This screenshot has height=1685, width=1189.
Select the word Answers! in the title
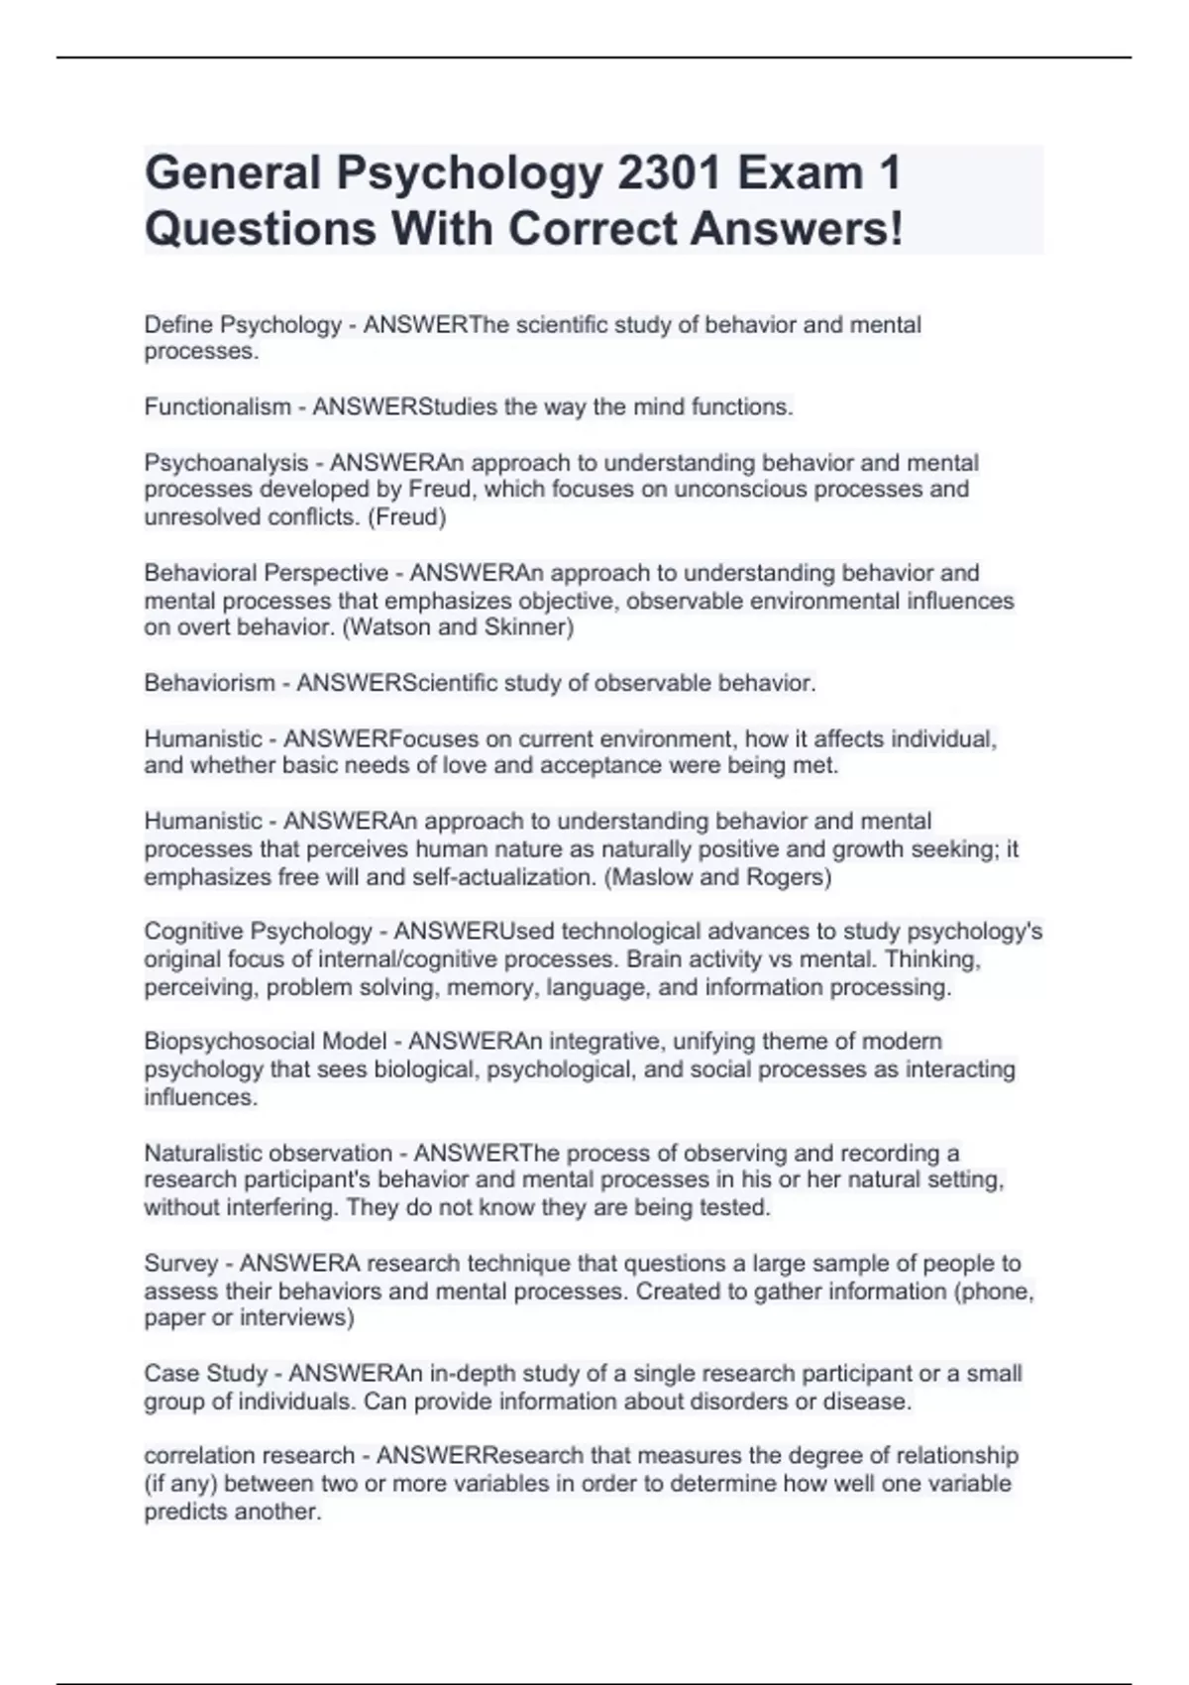click(797, 229)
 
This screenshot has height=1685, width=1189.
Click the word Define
click(179, 325)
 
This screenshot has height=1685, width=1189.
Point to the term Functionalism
click(217, 407)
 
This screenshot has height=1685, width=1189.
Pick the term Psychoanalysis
click(226, 463)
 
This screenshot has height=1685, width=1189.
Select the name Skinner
click(529, 627)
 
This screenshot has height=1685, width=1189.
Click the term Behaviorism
click(209, 683)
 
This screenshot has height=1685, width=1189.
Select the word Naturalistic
click(203, 1154)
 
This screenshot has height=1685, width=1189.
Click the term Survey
click(180, 1264)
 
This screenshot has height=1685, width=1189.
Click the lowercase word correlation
click(199, 1456)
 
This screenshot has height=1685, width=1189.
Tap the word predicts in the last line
click(184, 1513)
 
